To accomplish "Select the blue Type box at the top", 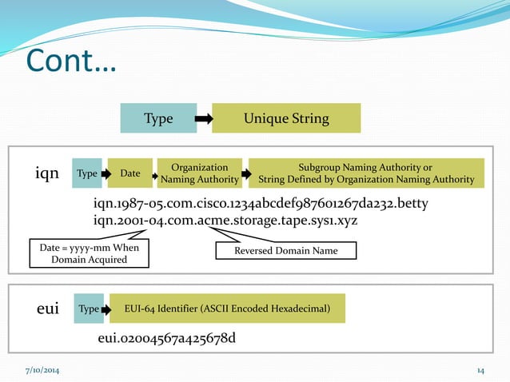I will pos(158,118).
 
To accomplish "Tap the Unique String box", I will pos(286,118).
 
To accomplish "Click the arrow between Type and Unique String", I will pos(204,119).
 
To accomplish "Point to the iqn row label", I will pos(48,173).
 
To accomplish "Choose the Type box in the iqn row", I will pos(86,173).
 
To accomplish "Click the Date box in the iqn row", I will pos(129,173).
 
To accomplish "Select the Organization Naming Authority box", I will pos(200,173).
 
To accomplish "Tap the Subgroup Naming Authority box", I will pos(365,173).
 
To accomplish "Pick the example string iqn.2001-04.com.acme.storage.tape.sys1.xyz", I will pos(225,220).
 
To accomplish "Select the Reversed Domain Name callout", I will pos(285,251).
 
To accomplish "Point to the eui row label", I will pos(48,308).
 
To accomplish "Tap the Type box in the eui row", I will pos(89,308).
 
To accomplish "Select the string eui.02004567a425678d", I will pos(166,339).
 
